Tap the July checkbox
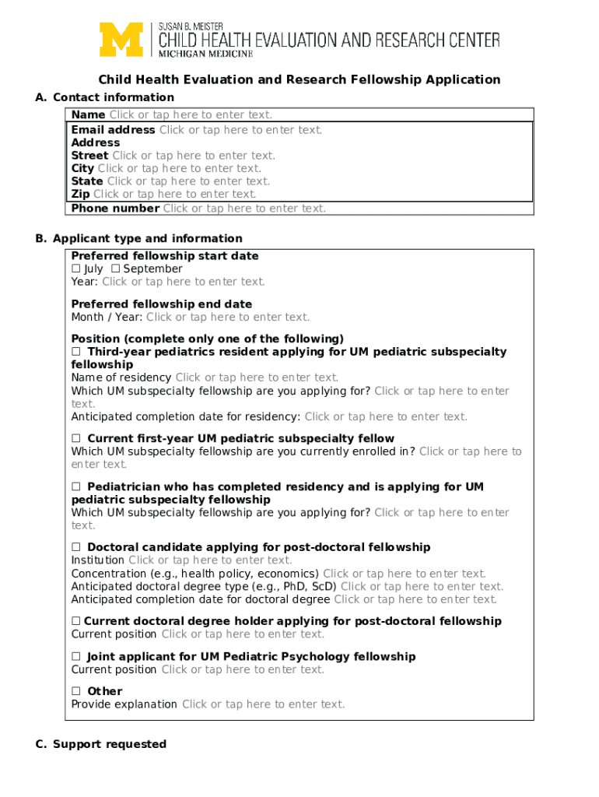pyautogui.click(x=75, y=269)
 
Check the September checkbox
pyautogui.click(x=115, y=269)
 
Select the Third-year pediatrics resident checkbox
pyautogui.click(x=76, y=352)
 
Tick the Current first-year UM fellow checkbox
pyautogui.click(x=76, y=438)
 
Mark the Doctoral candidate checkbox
pyautogui.click(x=76, y=547)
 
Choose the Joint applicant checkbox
pyautogui.click(x=76, y=656)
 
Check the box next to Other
pyautogui.click(x=76, y=691)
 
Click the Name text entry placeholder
pyautogui.click(x=191, y=115)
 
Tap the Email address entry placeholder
pyautogui.click(x=240, y=130)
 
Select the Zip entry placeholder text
pyautogui.click(x=174, y=194)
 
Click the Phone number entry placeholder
pyautogui.click(x=244, y=208)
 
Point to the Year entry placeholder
pyautogui.click(x=184, y=282)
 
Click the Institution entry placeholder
pyautogui.click(x=210, y=560)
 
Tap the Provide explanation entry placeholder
pyautogui.click(x=263, y=704)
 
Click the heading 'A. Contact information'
pyautogui.click(x=105, y=97)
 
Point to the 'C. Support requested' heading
pyautogui.click(x=101, y=744)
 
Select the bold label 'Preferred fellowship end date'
pyautogui.click(x=162, y=304)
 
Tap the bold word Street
pyautogui.click(x=89, y=156)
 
